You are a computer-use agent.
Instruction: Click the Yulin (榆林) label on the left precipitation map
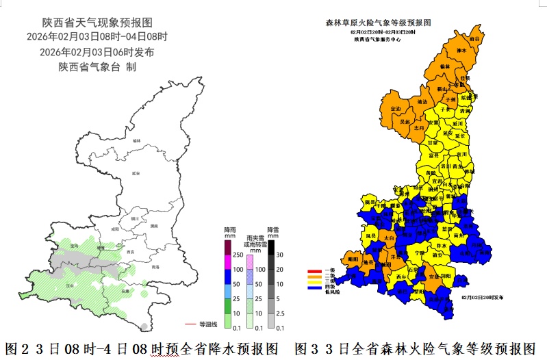click(x=136, y=140)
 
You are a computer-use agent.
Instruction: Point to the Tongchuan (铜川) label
click(x=135, y=218)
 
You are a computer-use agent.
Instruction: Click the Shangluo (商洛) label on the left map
click(x=155, y=266)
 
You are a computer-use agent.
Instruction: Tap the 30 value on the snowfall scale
click(x=279, y=254)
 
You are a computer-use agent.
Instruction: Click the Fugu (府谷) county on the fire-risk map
click(x=474, y=39)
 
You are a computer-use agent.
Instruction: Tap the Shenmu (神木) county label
click(x=461, y=50)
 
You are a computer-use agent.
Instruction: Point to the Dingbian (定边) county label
click(x=395, y=109)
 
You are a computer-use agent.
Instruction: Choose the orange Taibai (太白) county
click(x=389, y=237)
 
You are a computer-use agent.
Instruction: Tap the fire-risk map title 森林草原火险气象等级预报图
click(x=377, y=22)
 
